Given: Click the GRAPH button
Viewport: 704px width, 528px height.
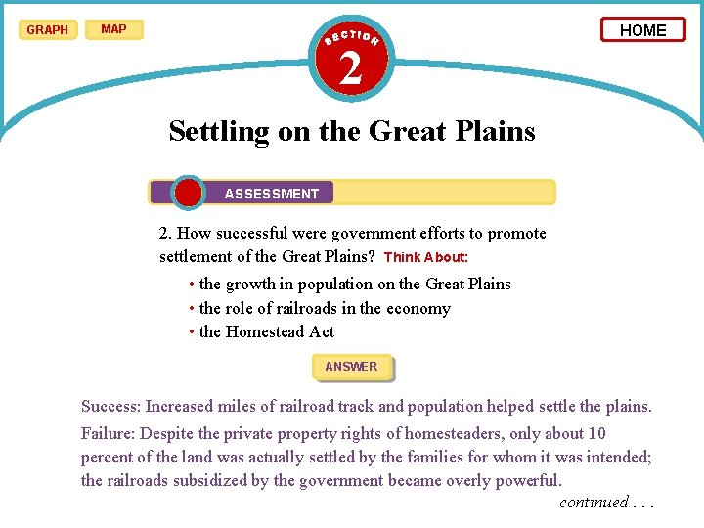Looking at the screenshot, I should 47,29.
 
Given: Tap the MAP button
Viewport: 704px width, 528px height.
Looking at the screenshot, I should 113,29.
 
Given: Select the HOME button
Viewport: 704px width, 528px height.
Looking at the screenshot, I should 643,30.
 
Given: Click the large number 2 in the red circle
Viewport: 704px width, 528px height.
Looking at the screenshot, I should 351,67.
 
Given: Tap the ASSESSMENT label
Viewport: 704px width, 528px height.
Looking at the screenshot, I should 272,194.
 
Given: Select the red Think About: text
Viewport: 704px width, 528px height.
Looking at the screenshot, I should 426,258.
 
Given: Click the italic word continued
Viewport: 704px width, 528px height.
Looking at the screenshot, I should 594,503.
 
